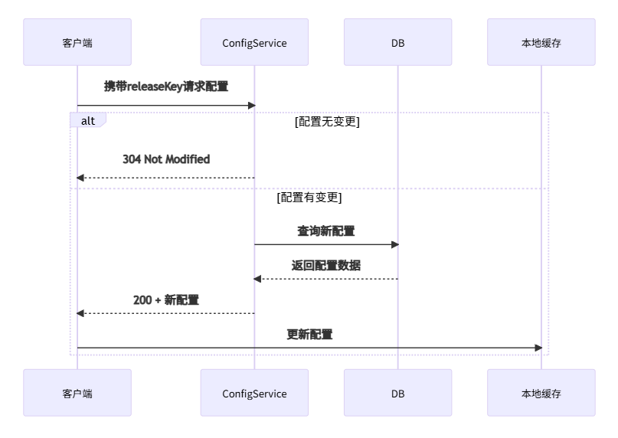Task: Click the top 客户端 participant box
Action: tap(77, 42)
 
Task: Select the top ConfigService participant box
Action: tap(254, 42)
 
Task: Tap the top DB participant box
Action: tap(397, 42)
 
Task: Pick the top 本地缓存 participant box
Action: tap(541, 42)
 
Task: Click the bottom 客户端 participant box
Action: tap(77, 393)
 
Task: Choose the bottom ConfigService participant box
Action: tap(254, 393)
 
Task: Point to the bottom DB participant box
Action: tap(397, 393)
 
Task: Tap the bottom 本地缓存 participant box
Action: tap(541, 393)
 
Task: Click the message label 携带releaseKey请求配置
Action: tap(166, 87)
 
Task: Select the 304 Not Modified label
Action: tap(166, 159)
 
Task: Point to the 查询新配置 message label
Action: tap(326, 230)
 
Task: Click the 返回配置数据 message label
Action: tap(326, 266)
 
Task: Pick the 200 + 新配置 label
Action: tap(166, 300)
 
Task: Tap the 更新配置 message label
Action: tap(309, 335)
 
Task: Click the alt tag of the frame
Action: tap(88, 120)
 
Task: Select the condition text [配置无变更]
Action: tap(327, 121)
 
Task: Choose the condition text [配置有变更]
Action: tap(309, 198)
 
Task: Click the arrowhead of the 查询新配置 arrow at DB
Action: tap(395, 244)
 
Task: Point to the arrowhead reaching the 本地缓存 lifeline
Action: tap(538, 348)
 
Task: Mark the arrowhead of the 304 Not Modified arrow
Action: tap(80, 178)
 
